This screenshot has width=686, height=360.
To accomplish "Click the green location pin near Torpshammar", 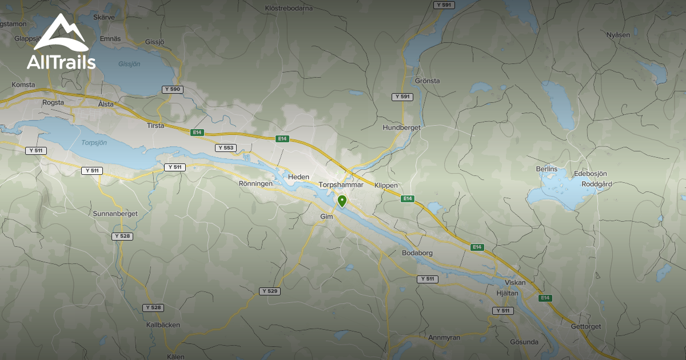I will [x=342, y=201].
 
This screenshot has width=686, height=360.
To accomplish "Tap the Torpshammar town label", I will [x=341, y=185].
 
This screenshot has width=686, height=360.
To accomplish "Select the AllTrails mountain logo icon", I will [x=61, y=33].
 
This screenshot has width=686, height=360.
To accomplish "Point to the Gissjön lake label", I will [x=129, y=64].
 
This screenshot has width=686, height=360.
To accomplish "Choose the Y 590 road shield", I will [x=171, y=89].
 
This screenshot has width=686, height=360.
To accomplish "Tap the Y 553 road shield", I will [x=225, y=147].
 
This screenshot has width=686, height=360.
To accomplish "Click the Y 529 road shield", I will [x=270, y=291].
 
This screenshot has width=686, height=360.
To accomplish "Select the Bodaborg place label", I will [x=418, y=253].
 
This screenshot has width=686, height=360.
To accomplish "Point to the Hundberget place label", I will [x=401, y=127].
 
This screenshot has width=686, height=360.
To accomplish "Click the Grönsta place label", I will [x=428, y=81].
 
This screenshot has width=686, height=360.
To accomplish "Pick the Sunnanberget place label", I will [x=115, y=213].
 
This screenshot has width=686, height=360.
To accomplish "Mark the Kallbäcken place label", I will [x=163, y=325].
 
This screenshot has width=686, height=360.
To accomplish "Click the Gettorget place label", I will [x=587, y=326].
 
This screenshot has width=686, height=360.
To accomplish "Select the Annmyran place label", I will [x=444, y=337].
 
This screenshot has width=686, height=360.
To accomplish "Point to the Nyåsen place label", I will [x=618, y=35].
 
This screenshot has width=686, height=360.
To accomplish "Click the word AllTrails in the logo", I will [x=61, y=62].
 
